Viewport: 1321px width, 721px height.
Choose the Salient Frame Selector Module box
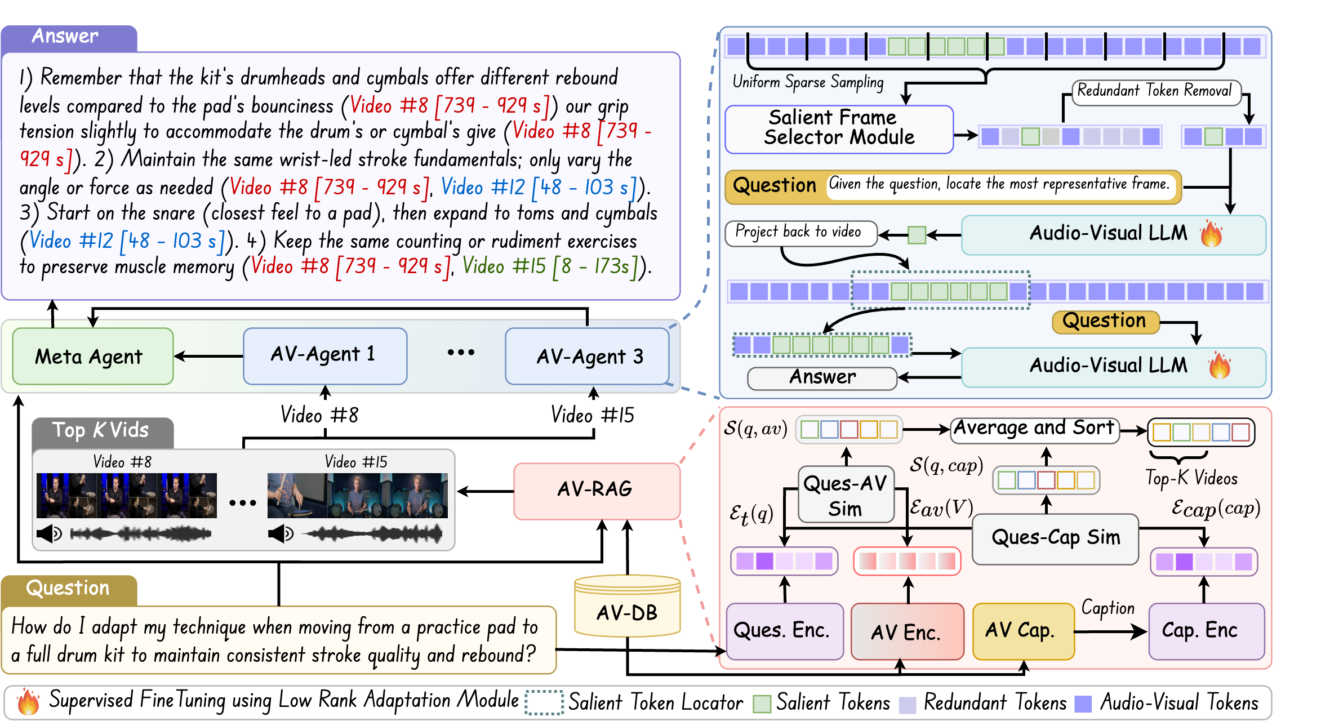click(839, 129)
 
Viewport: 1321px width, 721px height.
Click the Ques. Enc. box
click(784, 631)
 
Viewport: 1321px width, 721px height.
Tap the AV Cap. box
click(1023, 631)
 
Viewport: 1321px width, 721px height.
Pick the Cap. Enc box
click(1206, 631)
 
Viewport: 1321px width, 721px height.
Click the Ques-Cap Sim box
click(1055, 538)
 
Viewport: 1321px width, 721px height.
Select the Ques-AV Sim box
click(846, 495)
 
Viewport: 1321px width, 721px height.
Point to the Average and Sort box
click(1034, 429)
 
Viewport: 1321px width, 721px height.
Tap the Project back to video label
click(800, 233)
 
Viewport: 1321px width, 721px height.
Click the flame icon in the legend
click(28, 701)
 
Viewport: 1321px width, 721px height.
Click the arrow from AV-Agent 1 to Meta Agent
click(208, 356)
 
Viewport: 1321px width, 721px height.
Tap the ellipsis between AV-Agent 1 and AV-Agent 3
click(461, 353)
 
